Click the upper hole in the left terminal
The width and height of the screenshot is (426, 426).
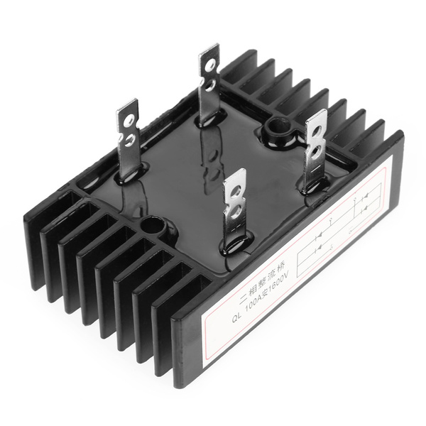click(x=129, y=120)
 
